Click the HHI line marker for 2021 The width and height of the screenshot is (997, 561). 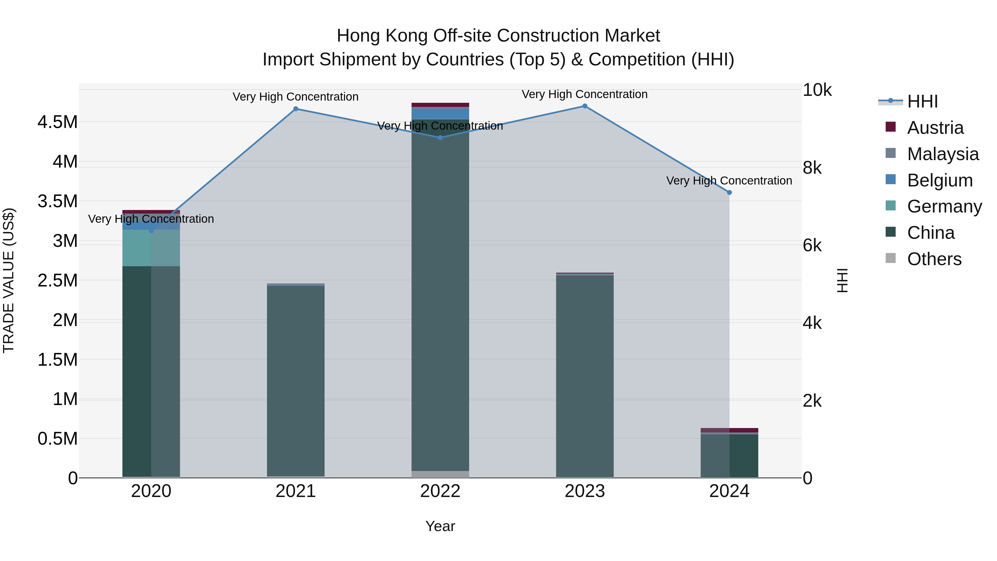(x=296, y=109)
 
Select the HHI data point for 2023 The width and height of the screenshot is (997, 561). (x=585, y=106)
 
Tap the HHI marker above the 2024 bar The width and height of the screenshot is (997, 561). (x=729, y=193)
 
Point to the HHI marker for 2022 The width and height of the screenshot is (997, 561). (x=440, y=137)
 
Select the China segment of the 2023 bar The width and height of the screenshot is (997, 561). (x=585, y=376)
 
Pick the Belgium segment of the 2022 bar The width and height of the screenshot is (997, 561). (x=440, y=113)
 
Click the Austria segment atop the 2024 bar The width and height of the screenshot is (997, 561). (x=729, y=430)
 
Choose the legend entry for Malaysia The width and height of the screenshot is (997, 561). (x=942, y=154)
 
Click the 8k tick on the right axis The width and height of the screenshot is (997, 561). (x=812, y=168)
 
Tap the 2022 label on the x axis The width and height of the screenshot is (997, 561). (x=440, y=491)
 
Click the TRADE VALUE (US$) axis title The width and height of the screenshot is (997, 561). (x=9, y=280)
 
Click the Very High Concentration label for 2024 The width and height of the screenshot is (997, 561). (x=729, y=181)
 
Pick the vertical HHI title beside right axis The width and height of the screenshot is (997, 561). (x=842, y=280)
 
